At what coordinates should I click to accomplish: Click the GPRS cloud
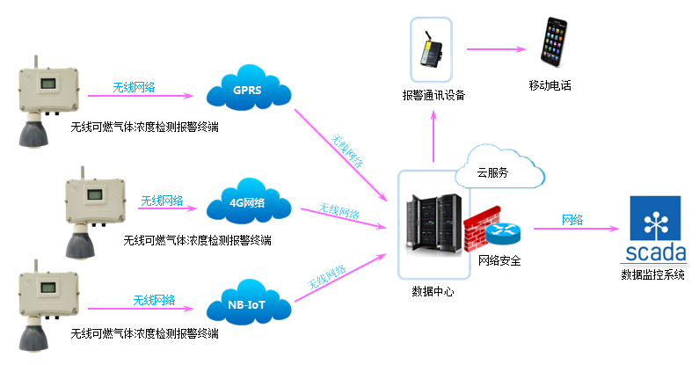pos(246,90)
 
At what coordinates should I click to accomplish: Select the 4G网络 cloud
pos(247,204)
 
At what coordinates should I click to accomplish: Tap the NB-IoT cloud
pos(247,307)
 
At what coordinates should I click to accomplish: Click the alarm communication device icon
pos(431,51)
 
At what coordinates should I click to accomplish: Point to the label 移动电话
pos(550,85)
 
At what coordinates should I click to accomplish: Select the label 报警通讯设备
pos(433,94)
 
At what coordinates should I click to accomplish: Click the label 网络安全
pos(499,260)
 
